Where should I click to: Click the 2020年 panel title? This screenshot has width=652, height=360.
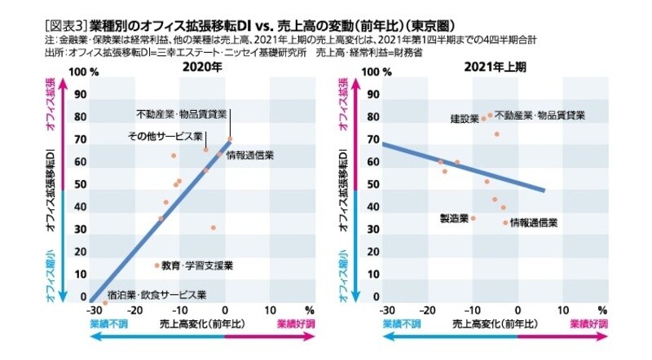[x=201, y=70]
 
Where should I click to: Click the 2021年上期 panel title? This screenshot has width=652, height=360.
[x=492, y=70]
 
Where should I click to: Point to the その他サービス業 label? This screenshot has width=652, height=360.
[x=165, y=136]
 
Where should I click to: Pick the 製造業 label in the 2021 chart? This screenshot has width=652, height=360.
[x=452, y=218]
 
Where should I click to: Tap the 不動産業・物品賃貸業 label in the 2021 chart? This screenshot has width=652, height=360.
[x=540, y=115]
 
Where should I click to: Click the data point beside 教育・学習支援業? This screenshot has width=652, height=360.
[x=157, y=266]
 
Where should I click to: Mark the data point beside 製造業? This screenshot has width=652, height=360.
[x=474, y=218]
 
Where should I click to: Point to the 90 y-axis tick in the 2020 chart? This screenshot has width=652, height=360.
[x=80, y=94]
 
